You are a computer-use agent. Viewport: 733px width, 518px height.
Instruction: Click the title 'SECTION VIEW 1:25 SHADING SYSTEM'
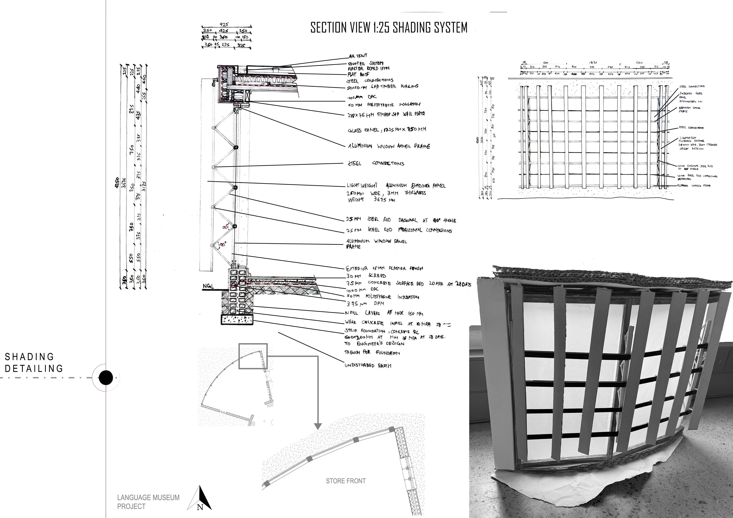click(389, 28)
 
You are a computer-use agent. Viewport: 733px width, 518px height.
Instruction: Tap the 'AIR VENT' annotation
click(358, 56)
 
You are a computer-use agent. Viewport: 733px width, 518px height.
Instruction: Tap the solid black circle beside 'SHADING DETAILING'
click(106, 378)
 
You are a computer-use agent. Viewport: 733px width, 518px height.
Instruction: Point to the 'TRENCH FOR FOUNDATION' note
click(372, 353)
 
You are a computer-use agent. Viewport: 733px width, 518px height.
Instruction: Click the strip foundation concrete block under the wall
click(237, 320)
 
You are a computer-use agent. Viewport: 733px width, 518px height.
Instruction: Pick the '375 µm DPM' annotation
click(365, 304)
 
